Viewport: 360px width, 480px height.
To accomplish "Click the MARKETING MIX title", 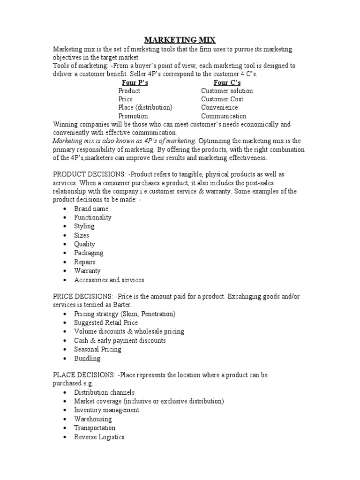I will pos(180,40).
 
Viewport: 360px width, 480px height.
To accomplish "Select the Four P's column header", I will pos(135,82).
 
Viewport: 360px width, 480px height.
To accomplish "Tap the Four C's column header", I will pos(227,82).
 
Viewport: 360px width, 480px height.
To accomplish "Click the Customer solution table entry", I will pos(227,91).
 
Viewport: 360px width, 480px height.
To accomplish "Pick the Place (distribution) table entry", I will pos(145,107).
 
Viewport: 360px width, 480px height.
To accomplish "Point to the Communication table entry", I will pos(224,116).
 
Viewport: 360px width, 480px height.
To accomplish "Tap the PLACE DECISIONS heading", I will pos(80,375).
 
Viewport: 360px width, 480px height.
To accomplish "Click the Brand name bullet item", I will pos(91,209).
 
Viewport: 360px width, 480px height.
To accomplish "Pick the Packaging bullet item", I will pos(89,253).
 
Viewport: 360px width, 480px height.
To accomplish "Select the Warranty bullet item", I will pos(87,271).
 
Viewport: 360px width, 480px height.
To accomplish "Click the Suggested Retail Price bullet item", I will pos(106,323).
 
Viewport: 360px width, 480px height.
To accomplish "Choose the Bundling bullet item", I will pos(87,359).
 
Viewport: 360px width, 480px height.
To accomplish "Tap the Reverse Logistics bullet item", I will pos(99,437).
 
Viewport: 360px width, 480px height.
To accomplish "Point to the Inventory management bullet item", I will pos(106,410).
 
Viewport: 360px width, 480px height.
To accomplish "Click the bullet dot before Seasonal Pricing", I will pos(64,350).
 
